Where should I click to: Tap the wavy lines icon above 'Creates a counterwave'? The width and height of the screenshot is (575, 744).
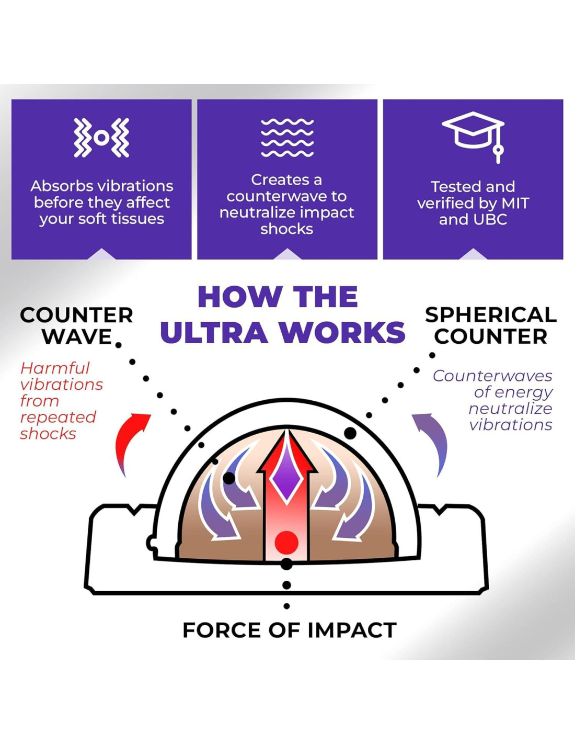tap(287, 138)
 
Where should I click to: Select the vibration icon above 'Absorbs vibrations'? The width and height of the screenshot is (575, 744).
tap(101, 138)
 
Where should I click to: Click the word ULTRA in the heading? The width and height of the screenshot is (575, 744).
tap(214, 332)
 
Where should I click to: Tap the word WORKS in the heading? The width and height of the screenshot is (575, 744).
tap(342, 332)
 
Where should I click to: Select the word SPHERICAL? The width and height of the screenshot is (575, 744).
tap(490, 315)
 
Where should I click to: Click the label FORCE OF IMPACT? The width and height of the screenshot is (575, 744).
tap(289, 630)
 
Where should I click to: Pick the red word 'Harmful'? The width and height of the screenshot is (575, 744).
tap(55, 368)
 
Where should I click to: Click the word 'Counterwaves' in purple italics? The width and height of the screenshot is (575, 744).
tap(492, 376)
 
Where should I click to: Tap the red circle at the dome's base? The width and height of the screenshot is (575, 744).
tap(286, 543)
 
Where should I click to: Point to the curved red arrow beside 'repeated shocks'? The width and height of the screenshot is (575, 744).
tap(131, 439)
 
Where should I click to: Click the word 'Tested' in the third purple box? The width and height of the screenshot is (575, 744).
tap(453, 187)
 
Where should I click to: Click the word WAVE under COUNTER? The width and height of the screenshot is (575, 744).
tap(77, 336)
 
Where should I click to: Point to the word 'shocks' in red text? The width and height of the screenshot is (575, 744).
tap(48, 434)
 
